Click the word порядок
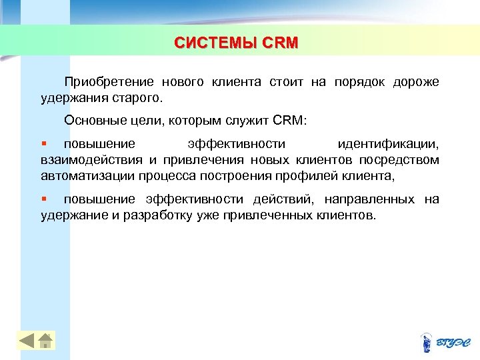356,82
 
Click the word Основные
93,121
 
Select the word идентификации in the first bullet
388,144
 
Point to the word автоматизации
87,176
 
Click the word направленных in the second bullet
371,199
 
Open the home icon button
45,341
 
